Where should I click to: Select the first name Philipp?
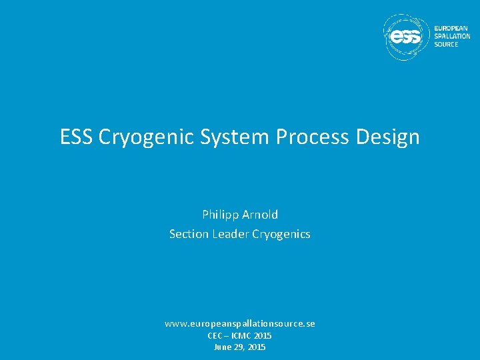click(x=221, y=215)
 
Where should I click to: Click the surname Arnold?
click(x=261, y=215)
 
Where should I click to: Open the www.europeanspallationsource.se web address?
click(x=240, y=323)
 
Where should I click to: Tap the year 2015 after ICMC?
click(x=263, y=336)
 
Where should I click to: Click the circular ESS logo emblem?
click(x=406, y=37)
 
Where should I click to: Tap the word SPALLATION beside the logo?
click(x=452, y=37)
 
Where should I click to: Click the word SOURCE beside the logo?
click(x=446, y=44)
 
